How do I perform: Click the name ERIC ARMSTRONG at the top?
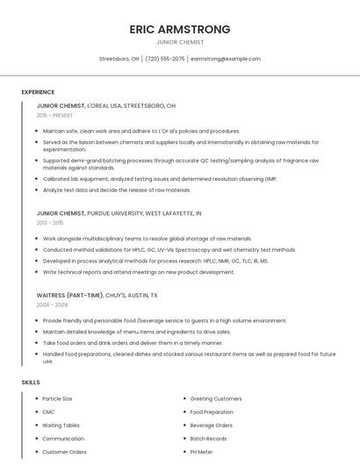pyautogui.click(x=179, y=29)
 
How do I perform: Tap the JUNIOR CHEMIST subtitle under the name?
pyautogui.click(x=179, y=42)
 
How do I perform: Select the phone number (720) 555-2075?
pyautogui.click(x=165, y=59)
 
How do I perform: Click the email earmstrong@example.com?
pyautogui.click(x=226, y=59)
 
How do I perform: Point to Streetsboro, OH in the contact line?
pyautogui.click(x=119, y=59)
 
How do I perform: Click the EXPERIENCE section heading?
pyautogui.click(x=38, y=92)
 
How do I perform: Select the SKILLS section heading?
pyautogui.click(x=31, y=383)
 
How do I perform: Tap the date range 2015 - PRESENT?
pyautogui.click(x=54, y=115)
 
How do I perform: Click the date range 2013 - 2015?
pyautogui.click(x=50, y=223)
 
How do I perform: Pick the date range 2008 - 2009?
pyautogui.click(x=52, y=304)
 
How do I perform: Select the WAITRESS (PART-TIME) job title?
pyautogui.click(x=68, y=296)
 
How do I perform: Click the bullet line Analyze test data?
pyautogui.click(x=116, y=190)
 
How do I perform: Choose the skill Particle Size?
pyautogui.click(x=57, y=399)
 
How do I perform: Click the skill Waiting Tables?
pyautogui.click(x=61, y=426)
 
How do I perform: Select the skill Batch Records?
pyautogui.click(x=208, y=439)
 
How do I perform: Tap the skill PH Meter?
pyautogui.click(x=201, y=452)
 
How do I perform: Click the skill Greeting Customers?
pyautogui.click(x=216, y=399)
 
